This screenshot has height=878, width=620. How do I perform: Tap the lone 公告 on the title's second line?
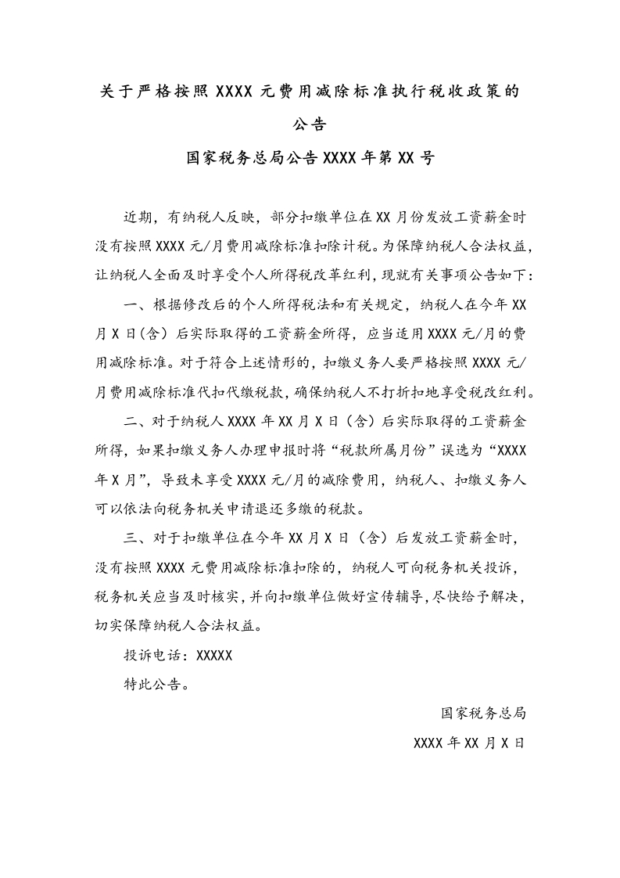coord(310,124)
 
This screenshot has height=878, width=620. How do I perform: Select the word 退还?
coord(288,509)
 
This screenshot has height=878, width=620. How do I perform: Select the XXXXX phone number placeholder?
coord(214,656)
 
